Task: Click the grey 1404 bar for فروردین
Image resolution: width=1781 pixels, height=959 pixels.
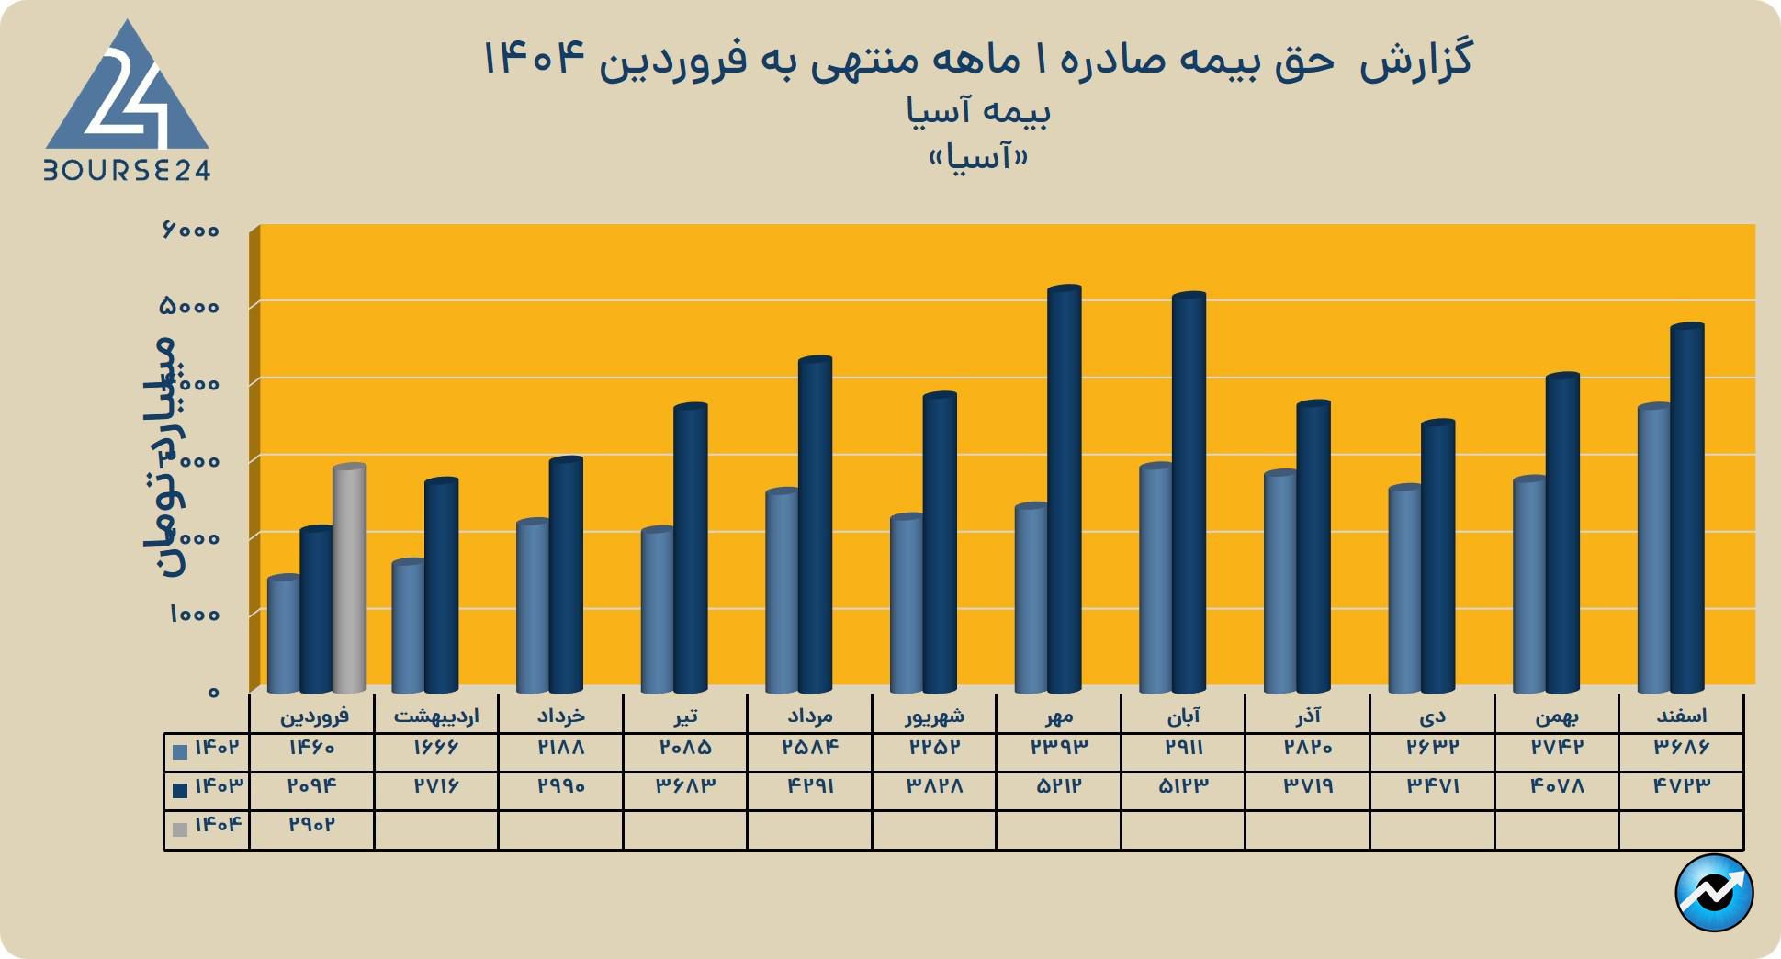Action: [350, 579]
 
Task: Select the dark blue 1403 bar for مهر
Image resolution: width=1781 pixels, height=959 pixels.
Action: [1065, 491]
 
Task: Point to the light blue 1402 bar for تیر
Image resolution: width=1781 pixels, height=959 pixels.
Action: [657, 611]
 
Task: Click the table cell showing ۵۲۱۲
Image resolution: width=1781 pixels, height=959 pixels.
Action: [1058, 786]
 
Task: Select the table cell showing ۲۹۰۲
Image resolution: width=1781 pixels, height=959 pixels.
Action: [311, 825]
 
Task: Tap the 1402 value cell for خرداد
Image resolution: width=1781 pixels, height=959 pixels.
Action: [560, 748]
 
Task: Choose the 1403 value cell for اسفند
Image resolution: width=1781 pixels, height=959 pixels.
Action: [1681, 786]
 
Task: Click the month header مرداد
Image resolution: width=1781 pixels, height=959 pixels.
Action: [809, 715]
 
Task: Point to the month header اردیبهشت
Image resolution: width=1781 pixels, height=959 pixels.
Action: [436, 715]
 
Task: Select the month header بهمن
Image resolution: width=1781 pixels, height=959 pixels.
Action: [1556, 715]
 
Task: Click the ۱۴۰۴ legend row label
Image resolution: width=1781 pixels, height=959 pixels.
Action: [208, 825]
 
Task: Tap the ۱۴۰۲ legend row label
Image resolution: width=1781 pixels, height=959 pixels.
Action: [208, 748]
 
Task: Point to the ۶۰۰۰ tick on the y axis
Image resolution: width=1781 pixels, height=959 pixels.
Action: [190, 231]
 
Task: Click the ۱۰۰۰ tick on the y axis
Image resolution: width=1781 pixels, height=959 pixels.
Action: [194, 615]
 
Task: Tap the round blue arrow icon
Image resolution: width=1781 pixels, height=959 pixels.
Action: [1714, 892]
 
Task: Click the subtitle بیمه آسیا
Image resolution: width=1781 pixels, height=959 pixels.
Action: [978, 112]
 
